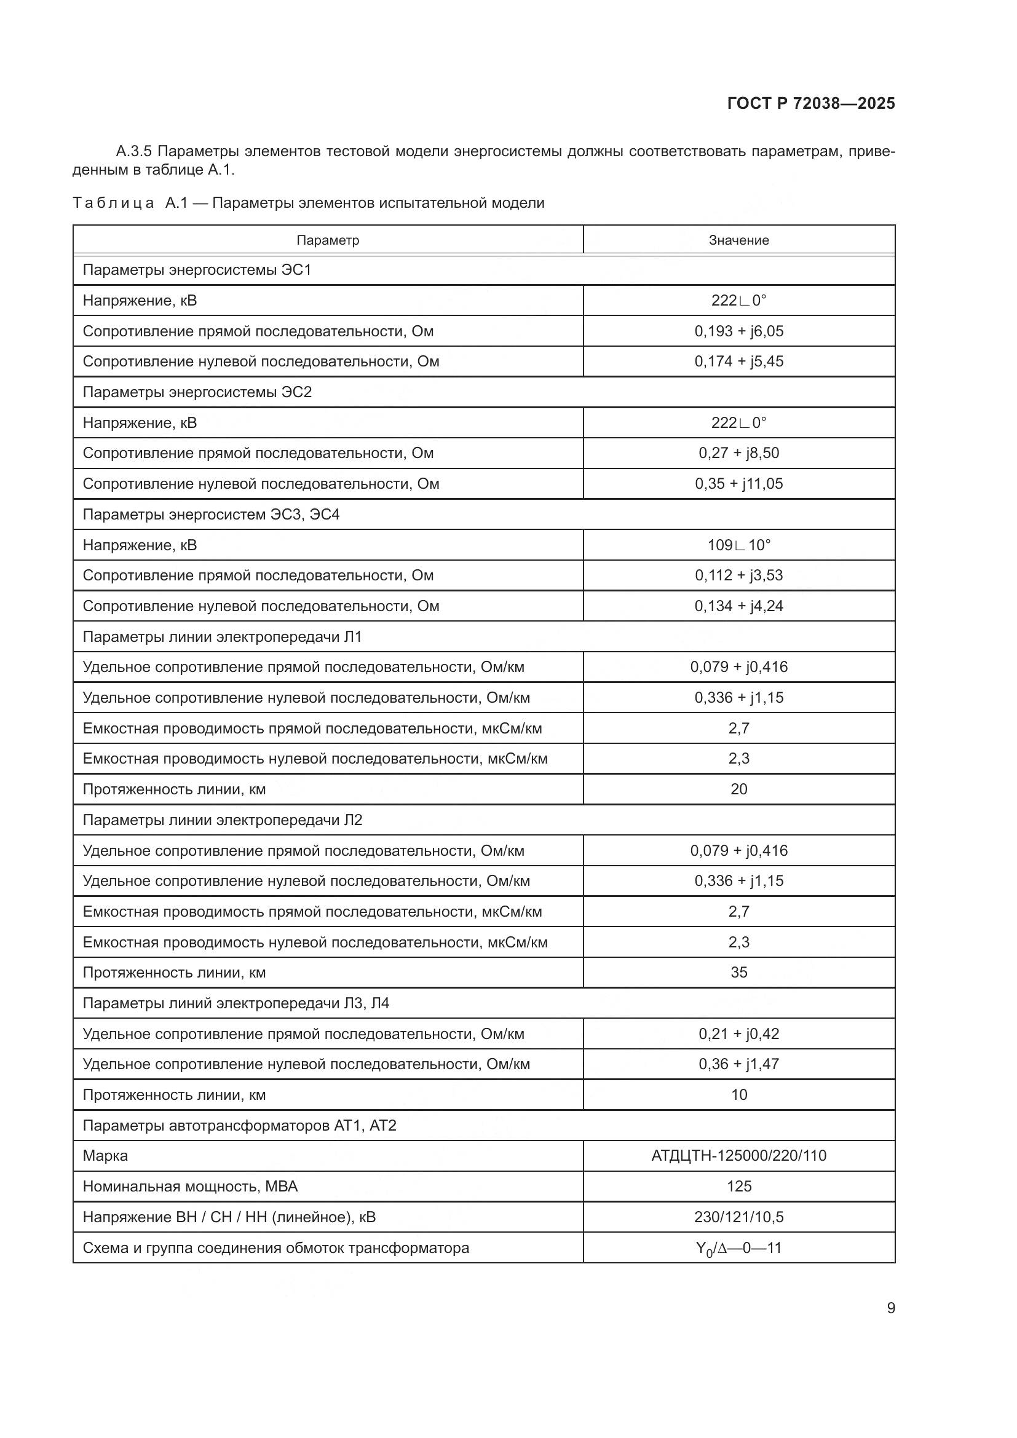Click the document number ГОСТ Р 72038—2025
[811, 103]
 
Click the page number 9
[890, 1308]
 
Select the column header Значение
[738, 240]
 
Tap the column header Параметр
[328, 240]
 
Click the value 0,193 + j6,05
[738, 331]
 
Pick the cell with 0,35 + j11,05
[738, 483]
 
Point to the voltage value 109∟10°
[738, 545]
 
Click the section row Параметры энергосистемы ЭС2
[197, 392]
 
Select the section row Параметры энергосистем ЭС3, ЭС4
[210, 514]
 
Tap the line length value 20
[738, 789]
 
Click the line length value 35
[738, 973]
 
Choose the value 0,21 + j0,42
[738, 1033]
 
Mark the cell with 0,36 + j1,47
[738, 1064]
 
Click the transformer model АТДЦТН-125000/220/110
[738, 1156]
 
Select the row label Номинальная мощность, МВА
[190, 1186]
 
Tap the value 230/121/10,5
[738, 1217]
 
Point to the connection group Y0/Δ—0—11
[738, 1247]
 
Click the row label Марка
[105, 1156]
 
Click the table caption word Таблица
[113, 203]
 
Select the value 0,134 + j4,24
[738, 606]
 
